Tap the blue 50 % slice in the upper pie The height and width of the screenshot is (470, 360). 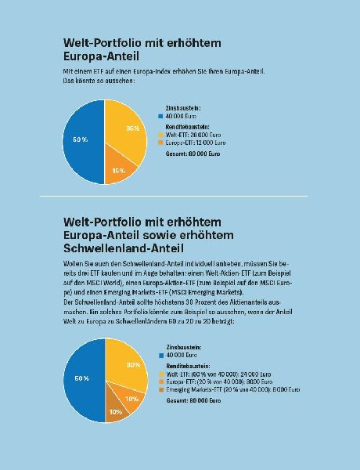tap(81, 141)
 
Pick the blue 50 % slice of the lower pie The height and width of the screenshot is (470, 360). tap(81, 379)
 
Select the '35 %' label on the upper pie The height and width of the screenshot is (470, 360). tap(132, 128)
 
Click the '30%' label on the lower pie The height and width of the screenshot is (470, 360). tap(133, 365)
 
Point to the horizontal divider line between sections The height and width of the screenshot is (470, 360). tap(180, 195)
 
